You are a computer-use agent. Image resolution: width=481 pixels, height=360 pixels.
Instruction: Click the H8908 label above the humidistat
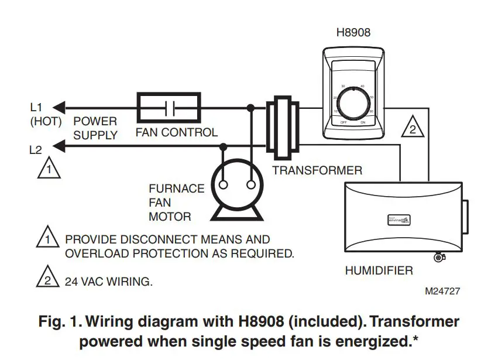pyautogui.click(x=353, y=32)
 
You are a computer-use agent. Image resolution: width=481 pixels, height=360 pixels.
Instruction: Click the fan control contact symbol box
pyautogui.click(x=169, y=108)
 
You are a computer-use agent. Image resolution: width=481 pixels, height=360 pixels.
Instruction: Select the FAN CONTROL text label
pyautogui.click(x=176, y=133)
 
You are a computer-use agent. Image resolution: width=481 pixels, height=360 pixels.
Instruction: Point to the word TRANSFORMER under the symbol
pyautogui.click(x=317, y=171)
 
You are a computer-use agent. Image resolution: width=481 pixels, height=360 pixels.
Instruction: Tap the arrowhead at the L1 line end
pyautogui.click(x=57, y=108)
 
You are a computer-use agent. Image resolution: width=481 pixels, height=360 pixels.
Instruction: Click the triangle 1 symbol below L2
pyautogui.click(x=49, y=169)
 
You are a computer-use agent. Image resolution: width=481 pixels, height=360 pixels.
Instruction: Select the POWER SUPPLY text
pyautogui.click(x=95, y=128)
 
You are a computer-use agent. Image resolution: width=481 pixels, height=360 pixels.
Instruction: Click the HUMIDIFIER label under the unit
pyautogui.click(x=379, y=271)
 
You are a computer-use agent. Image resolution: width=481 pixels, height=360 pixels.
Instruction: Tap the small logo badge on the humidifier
pyautogui.click(x=400, y=220)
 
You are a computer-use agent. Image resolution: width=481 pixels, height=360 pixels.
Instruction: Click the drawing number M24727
pyautogui.click(x=442, y=291)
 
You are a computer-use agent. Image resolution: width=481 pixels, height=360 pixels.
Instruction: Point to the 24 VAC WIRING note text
pyautogui.click(x=108, y=282)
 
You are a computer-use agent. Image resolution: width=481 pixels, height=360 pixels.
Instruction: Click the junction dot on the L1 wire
pyautogui.click(x=251, y=108)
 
